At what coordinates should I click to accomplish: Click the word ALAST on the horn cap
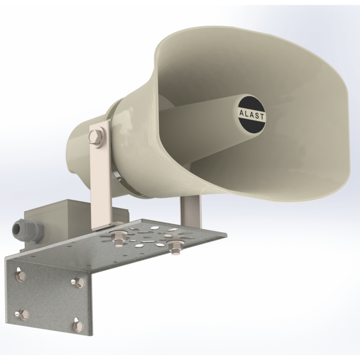pos(251,115)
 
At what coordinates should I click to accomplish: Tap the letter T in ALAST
pos(262,117)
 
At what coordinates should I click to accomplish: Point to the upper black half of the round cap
pos(251,103)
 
